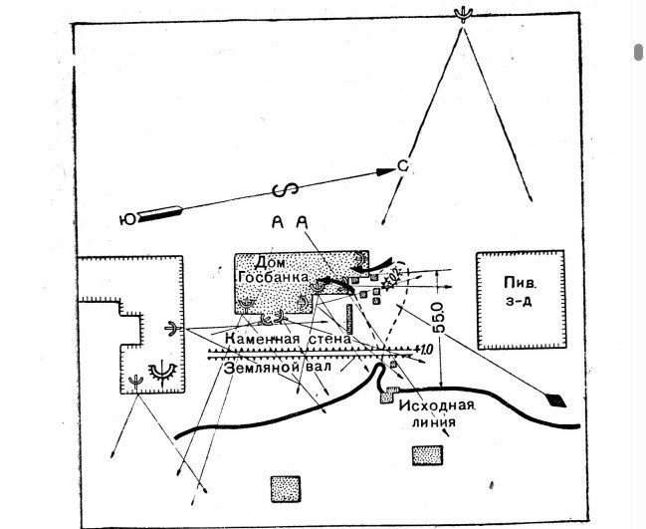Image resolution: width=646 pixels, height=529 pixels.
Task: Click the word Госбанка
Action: point(276,277)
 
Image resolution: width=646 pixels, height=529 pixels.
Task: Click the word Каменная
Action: point(262,340)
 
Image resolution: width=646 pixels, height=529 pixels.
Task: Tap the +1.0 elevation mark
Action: point(422,349)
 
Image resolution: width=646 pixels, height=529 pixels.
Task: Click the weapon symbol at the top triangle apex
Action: point(460,13)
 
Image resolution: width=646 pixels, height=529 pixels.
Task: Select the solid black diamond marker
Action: point(556,400)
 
